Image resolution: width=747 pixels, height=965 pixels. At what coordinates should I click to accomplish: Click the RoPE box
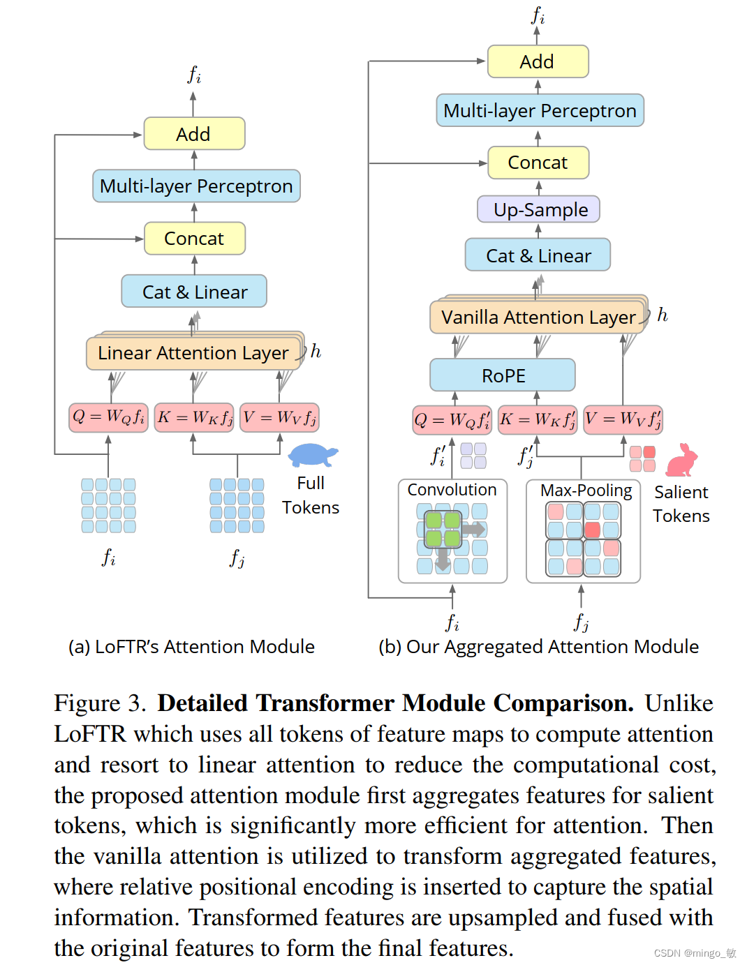[x=503, y=375]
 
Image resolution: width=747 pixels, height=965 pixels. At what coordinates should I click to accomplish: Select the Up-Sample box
[x=538, y=209]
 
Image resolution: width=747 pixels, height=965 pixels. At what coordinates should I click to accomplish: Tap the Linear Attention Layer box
[x=193, y=353]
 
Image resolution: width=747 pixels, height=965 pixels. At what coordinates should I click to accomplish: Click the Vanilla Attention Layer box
[x=538, y=317]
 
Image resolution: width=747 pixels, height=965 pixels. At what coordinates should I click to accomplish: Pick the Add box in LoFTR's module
[x=194, y=134]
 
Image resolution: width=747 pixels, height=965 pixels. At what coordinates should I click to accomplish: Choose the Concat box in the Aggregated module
[x=538, y=163]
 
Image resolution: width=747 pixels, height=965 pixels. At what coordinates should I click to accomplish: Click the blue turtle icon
[x=312, y=455]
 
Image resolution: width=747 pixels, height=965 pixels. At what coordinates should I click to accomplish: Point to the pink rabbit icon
[x=681, y=461]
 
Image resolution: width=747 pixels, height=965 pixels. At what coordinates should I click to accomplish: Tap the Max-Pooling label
[x=586, y=491]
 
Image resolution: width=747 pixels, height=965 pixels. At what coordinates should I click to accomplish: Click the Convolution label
[x=452, y=490]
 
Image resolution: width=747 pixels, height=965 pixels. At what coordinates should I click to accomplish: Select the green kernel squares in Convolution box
[x=443, y=529]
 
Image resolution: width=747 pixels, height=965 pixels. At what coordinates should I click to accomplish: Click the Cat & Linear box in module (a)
[x=194, y=292]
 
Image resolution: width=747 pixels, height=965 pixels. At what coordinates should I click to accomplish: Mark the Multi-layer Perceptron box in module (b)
[x=540, y=111]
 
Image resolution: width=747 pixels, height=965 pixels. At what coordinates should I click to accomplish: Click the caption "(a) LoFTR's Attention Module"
[x=191, y=647]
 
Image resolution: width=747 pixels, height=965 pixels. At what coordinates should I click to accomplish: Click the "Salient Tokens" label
[x=681, y=504]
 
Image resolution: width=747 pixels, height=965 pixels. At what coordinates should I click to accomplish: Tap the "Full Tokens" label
[x=311, y=495]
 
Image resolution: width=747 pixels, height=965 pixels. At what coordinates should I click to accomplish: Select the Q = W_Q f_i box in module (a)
[x=108, y=417]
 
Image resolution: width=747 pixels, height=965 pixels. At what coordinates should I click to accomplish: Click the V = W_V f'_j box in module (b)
[x=623, y=419]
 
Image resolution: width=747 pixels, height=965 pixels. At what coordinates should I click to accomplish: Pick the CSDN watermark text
[x=695, y=953]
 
